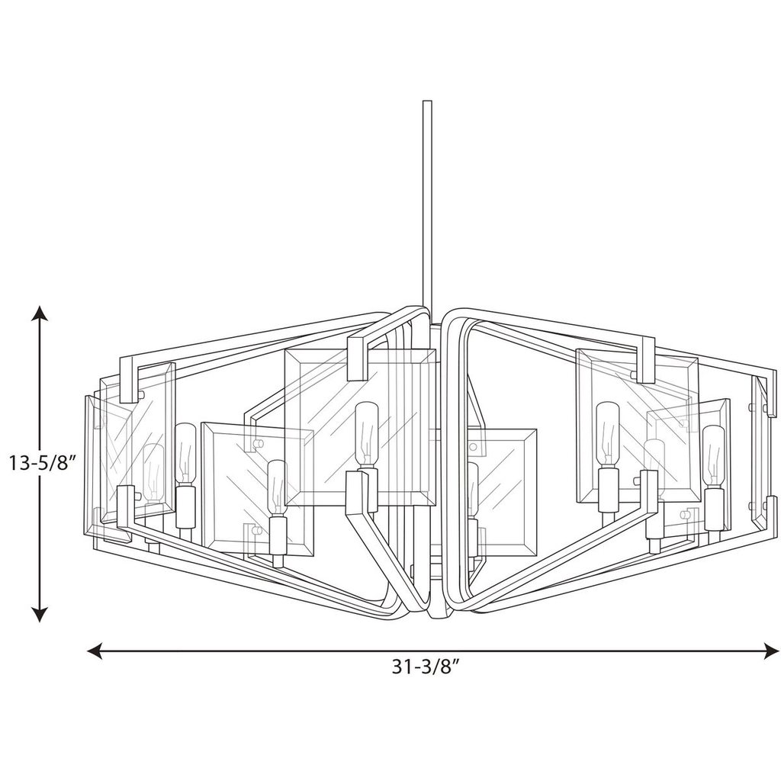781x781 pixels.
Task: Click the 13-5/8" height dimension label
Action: click(x=41, y=463)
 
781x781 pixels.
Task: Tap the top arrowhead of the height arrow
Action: click(x=40, y=313)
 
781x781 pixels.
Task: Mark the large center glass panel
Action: click(x=358, y=427)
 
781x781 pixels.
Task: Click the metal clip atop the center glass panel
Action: click(x=357, y=356)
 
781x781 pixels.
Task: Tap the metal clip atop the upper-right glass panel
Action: click(x=645, y=358)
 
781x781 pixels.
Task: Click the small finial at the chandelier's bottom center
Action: click(x=436, y=614)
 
